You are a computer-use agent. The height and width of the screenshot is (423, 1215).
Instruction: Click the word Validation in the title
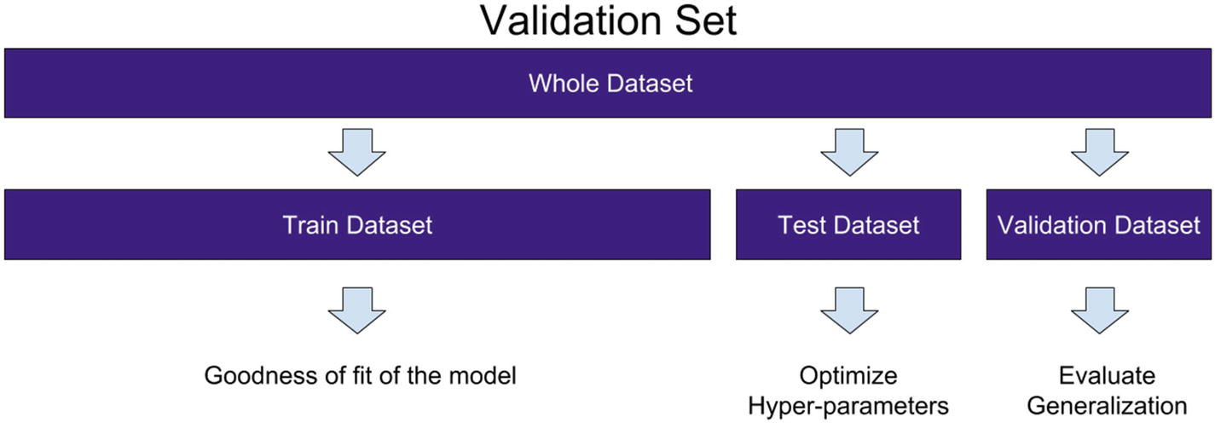click(570, 20)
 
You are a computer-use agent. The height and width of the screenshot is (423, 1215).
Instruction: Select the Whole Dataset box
click(607, 83)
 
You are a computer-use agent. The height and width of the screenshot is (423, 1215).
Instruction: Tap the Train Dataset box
click(357, 224)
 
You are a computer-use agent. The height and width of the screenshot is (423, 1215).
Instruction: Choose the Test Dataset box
click(848, 224)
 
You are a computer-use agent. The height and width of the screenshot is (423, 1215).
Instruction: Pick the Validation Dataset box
click(1099, 224)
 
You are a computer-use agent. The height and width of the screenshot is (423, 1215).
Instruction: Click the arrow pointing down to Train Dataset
click(357, 153)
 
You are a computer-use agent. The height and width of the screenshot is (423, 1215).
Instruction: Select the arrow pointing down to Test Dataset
click(849, 153)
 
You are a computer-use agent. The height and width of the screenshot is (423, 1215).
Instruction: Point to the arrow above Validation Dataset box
click(1100, 153)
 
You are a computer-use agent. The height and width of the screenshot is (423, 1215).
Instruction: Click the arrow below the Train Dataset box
click(357, 310)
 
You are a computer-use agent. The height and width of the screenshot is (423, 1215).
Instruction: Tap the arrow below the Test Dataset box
click(849, 310)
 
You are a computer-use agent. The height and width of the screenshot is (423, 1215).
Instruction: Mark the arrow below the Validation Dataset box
click(1100, 310)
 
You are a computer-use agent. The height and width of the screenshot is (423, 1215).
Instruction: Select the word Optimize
click(848, 376)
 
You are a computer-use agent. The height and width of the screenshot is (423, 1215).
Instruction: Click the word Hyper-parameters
click(848, 406)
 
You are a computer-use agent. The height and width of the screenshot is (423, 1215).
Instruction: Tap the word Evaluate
click(1107, 375)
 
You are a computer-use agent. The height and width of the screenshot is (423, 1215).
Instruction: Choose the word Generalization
click(1107, 406)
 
